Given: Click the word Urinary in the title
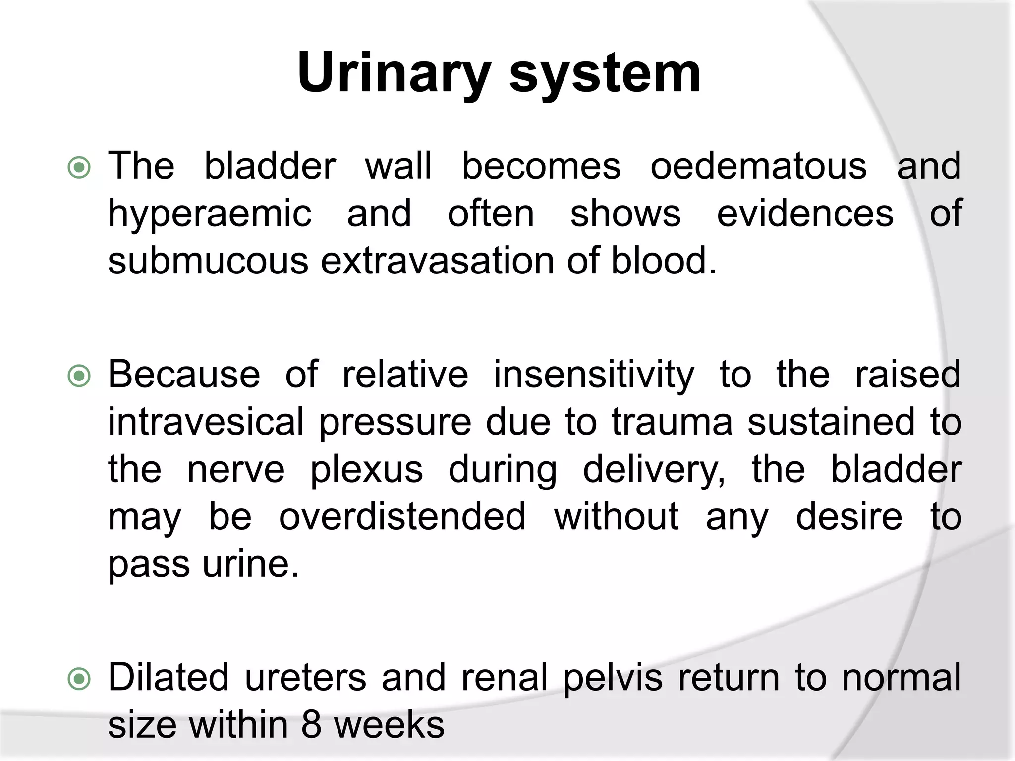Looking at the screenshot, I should [394, 74].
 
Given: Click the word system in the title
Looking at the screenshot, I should [605, 74].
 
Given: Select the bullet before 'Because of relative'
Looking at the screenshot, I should [79, 377].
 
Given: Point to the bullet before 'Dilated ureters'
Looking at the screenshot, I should [79, 680].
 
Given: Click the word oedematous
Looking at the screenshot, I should [758, 166].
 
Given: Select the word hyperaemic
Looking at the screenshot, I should [210, 214].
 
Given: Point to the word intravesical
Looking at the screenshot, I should [206, 422].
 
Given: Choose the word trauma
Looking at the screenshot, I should [672, 422].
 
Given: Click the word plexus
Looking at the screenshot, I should [367, 470].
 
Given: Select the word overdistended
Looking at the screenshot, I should [402, 517].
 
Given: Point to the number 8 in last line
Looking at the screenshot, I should [311, 725].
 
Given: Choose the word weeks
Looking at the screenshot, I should [389, 725].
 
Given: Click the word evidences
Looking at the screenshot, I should [805, 214].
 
